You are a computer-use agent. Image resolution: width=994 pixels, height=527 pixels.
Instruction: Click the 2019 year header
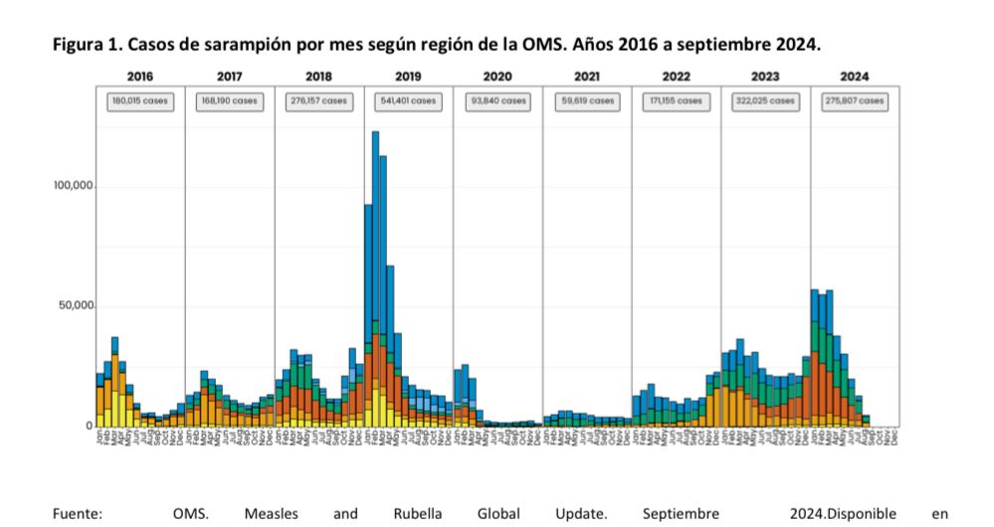[x=408, y=77]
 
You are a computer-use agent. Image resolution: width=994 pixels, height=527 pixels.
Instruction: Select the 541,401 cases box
[x=408, y=100]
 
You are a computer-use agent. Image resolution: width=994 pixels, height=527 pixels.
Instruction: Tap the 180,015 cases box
[x=140, y=100]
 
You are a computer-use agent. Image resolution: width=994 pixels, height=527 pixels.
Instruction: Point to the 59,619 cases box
[x=587, y=100]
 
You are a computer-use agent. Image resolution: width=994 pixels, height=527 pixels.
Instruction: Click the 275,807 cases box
[x=854, y=100]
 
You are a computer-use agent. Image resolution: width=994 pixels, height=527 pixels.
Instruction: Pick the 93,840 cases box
[x=497, y=100]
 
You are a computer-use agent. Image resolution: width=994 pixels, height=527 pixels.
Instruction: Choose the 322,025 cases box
[x=765, y=100]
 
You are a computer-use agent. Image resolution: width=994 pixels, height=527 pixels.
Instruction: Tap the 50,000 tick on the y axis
[x=77, y=306]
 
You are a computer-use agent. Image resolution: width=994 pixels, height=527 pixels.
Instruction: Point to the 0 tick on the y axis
[x=89, y=426]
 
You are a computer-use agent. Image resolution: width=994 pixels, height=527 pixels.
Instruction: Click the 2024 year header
[x=854, y=77]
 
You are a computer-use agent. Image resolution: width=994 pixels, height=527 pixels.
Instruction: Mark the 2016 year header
[x=140, y=77]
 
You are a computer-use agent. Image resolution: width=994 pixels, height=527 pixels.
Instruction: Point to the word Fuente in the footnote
[x=79, y=514]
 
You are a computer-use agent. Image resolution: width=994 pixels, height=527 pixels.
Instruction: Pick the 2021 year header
[x=587, y=77]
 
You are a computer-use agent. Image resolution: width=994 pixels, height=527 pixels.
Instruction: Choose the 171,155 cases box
[x=677, y=100]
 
